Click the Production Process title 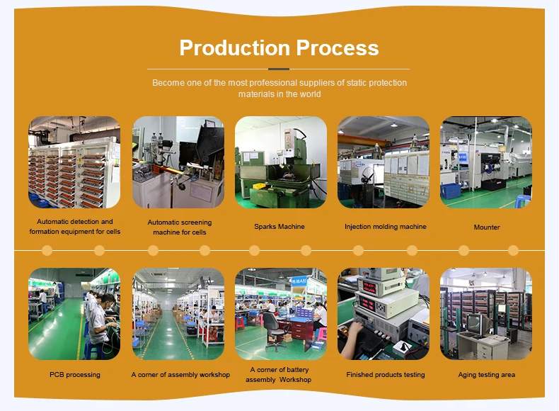(279, 47)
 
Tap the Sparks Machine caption (279, 227)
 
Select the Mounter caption (487, 227)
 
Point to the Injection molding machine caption (386, 227)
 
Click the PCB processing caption (75, 375)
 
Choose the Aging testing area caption (487, 375)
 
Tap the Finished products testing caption (386, 375)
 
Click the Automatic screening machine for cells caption (179, 227)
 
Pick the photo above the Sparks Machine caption (281, 162)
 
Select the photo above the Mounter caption (486, 162)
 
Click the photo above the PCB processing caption (74, 314)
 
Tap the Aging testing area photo (486, 314)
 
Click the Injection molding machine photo (384, 162)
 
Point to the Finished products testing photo (384, 314)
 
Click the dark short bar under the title (279, 69)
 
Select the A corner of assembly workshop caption (180, 375)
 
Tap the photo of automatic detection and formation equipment (74, 162)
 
